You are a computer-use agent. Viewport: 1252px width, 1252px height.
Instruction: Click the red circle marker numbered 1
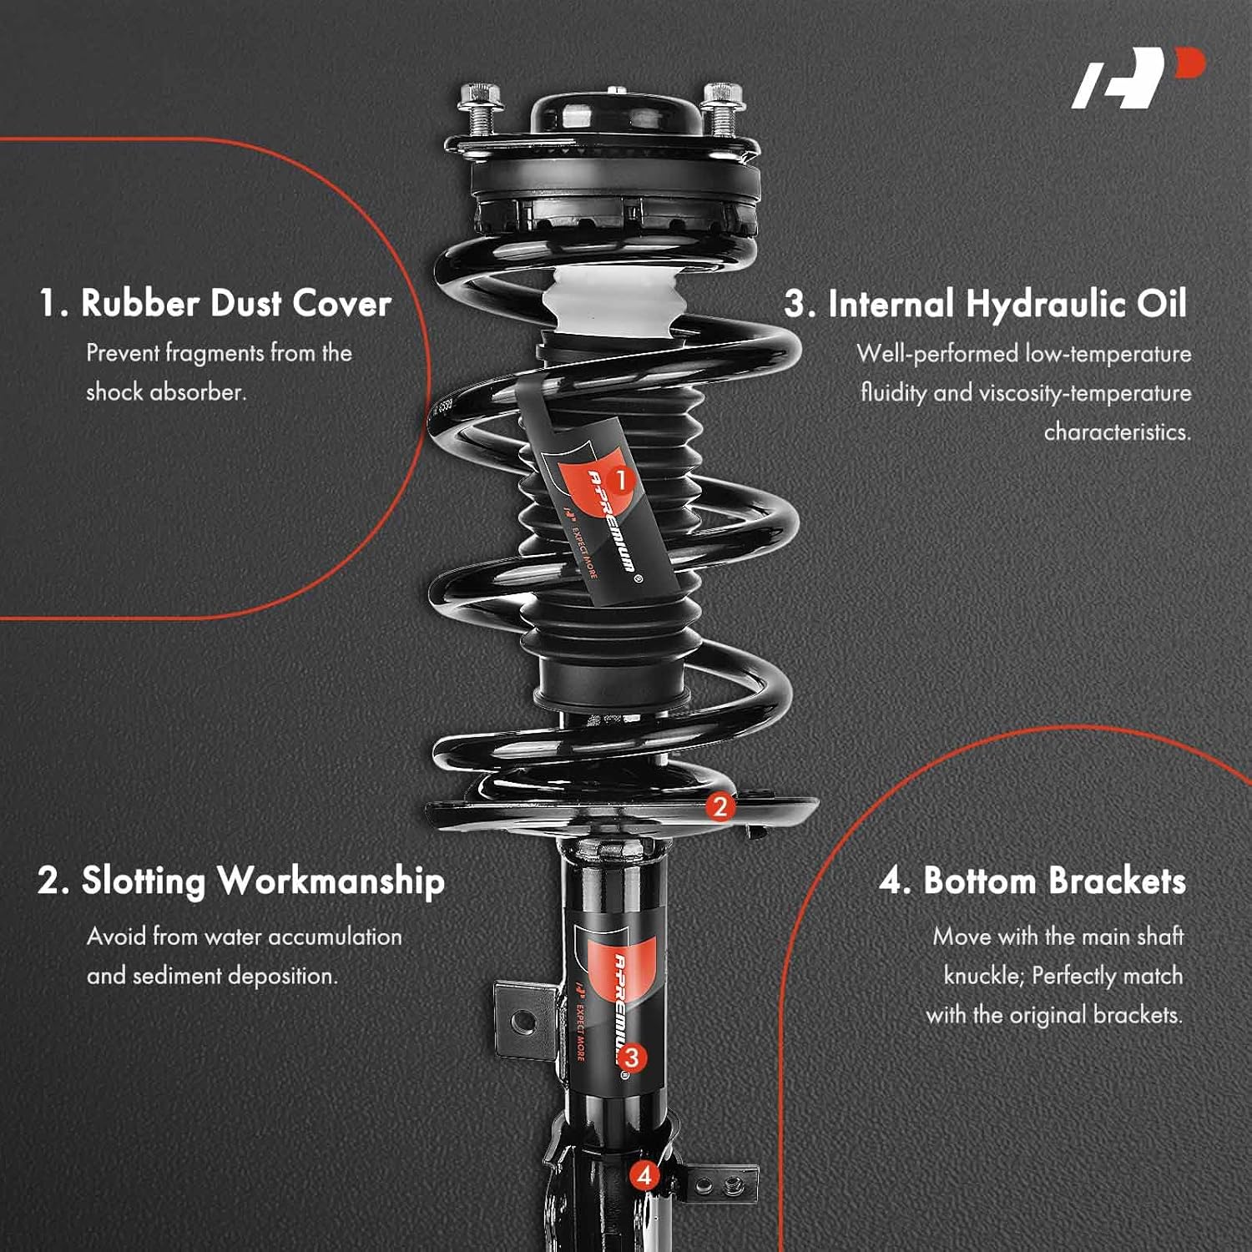coord(620,480)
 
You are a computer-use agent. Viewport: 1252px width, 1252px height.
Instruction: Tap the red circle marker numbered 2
coord(720,806)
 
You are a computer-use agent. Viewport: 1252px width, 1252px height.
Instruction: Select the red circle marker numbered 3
coord(632,1058)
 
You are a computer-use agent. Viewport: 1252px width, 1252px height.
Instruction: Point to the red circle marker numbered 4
coord(644,1176)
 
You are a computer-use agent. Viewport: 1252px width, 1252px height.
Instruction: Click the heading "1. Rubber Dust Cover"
coord(215,303)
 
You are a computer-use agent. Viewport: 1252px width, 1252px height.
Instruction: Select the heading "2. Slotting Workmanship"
coord(240,881)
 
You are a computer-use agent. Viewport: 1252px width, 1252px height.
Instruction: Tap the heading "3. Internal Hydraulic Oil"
coord(985,304)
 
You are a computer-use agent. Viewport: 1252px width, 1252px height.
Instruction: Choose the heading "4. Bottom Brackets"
coord(1032,881)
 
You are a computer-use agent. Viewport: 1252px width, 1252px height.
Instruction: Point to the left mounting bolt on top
coord(480,109)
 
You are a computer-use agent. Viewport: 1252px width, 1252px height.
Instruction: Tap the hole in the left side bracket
coord(523,1020)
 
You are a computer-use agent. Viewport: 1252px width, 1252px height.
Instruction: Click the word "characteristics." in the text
coord(1117,432)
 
